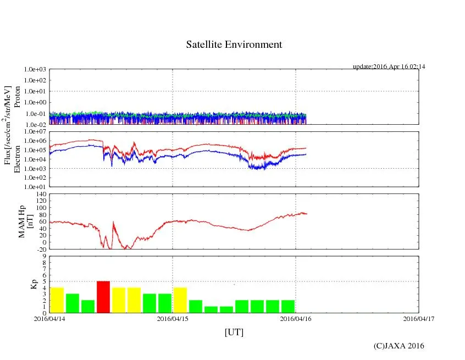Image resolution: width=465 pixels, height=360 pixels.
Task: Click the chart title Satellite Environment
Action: pos(234,45)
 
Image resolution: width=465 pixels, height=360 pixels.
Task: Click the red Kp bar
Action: pos(103,297)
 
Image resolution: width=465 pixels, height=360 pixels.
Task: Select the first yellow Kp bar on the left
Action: pos(57,300)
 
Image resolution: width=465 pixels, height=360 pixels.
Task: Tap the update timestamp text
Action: pos(389,67)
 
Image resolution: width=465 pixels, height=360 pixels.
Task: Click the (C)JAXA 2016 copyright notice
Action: pos(398,346)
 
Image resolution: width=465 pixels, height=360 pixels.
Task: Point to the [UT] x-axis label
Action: pos(234,332)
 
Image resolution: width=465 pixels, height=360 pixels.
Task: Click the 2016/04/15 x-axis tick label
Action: pos(173,318)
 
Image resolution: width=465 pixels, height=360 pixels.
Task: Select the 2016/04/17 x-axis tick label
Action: pos(419,318)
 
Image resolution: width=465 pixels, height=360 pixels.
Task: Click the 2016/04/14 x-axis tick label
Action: pos(49,318)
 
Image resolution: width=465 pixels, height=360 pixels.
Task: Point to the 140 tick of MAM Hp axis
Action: pos(40,194)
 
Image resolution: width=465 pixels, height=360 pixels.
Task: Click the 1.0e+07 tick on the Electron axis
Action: pos(36,132)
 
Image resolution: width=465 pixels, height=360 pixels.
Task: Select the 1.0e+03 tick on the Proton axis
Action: pos(36,70)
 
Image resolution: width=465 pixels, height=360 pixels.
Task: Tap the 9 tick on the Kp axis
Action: pos(44,256)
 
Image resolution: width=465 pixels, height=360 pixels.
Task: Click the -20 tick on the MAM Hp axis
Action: pos(41,249)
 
